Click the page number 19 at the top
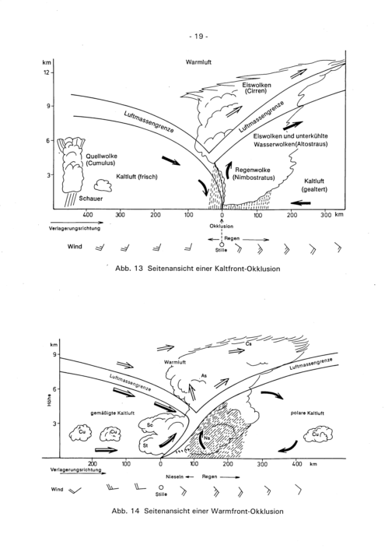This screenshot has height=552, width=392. point(198,37)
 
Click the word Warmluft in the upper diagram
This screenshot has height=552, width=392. point(198,62)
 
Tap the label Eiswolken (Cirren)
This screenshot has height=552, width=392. point(257,88)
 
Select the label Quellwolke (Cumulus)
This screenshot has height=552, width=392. point(101,160)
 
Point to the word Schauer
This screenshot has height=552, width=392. point(91,199)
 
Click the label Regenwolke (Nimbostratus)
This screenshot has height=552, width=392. point(254,174)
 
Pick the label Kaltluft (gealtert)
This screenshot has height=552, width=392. point(314,185)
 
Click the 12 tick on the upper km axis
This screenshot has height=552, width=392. point(47,72)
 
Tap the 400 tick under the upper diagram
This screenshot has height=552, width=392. point(88,215)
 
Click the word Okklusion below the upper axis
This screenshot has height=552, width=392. point(222,226)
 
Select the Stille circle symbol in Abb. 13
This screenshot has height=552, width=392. point(222,244)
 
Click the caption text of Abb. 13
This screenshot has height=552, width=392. point(198,269)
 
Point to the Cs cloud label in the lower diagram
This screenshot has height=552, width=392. point(249,343)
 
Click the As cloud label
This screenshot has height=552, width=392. point(204,375)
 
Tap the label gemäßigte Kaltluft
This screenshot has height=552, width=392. point(113,413)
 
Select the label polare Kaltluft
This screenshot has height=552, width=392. point(307,413)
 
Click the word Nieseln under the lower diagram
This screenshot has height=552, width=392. point(175,476)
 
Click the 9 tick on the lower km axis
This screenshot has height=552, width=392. point(55,354)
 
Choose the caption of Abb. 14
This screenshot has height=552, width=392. point(198,511)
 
